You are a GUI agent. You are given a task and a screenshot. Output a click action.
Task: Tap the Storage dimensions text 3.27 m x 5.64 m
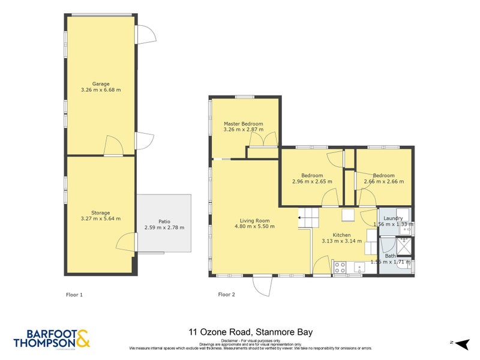click(x=101, y=218)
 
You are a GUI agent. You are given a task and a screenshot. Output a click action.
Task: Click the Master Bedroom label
click(x=243, y=124)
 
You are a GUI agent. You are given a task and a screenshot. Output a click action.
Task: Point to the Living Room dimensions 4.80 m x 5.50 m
click(x=254, y=226)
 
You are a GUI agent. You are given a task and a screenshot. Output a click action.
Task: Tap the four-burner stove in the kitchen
click(x=339, y=267)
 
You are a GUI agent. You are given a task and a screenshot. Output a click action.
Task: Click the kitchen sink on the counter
click(x=361, y=267)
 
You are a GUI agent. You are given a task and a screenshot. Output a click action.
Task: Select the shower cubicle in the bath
click(x=405, y=244)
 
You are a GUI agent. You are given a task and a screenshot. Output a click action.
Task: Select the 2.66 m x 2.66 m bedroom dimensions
click(x=383, y=181)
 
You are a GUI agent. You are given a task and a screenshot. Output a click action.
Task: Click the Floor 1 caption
click(x=74, y=295)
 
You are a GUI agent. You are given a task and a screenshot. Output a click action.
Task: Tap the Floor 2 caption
click(x=226, y=295)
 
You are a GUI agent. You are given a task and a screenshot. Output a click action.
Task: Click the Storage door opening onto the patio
click(x=125, y=243)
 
